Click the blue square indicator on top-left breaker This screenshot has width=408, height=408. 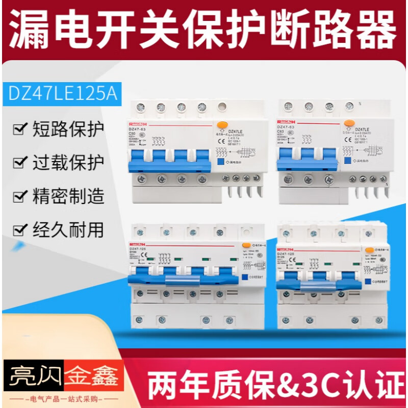coord(220,161)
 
